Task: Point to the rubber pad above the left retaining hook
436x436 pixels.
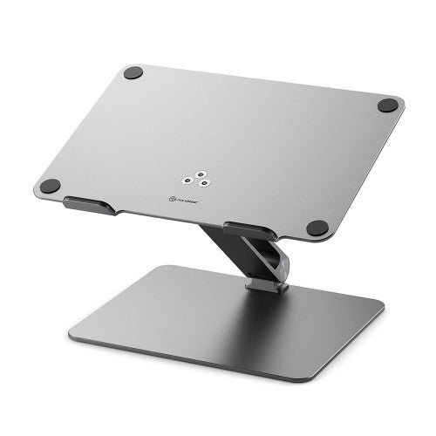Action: coord(51,186)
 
